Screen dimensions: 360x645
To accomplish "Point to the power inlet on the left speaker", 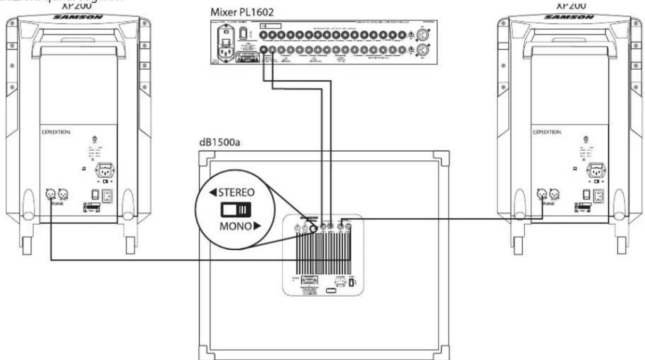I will (x=104, y=171).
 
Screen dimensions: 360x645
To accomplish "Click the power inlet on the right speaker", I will (x=594, y=171).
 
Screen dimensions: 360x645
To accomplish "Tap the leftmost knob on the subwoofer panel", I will (x=297, y=229).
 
